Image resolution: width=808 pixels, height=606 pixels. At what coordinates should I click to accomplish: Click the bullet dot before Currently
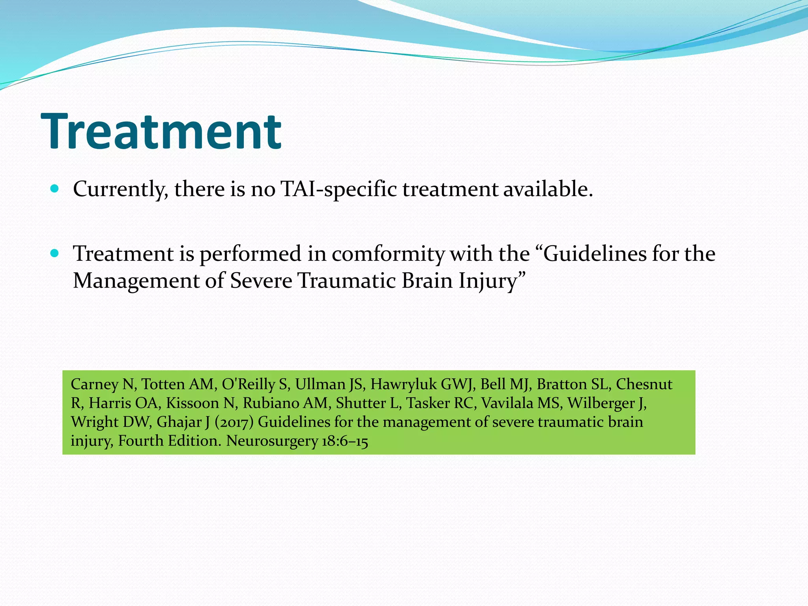tap(55, 189)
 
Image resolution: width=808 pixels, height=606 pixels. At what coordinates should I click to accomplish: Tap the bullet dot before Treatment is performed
tap(55, 253)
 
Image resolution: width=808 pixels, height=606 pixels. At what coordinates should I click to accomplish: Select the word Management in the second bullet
tap(137, 281)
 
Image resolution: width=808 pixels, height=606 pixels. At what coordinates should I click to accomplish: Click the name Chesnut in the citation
tap(644, 384)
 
